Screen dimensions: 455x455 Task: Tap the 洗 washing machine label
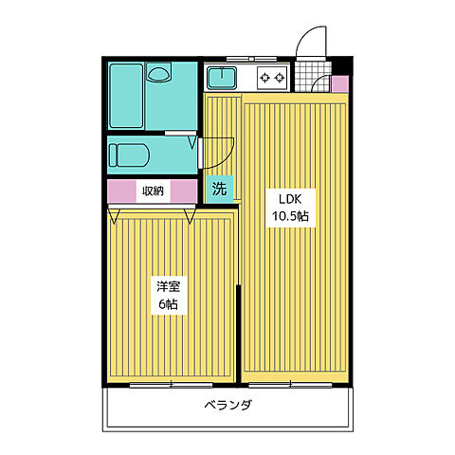click(219, 189)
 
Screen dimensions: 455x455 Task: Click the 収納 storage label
click(154, 191)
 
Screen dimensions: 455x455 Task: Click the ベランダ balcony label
click(227, 407)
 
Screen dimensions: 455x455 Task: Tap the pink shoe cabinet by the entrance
click(339, 83)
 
